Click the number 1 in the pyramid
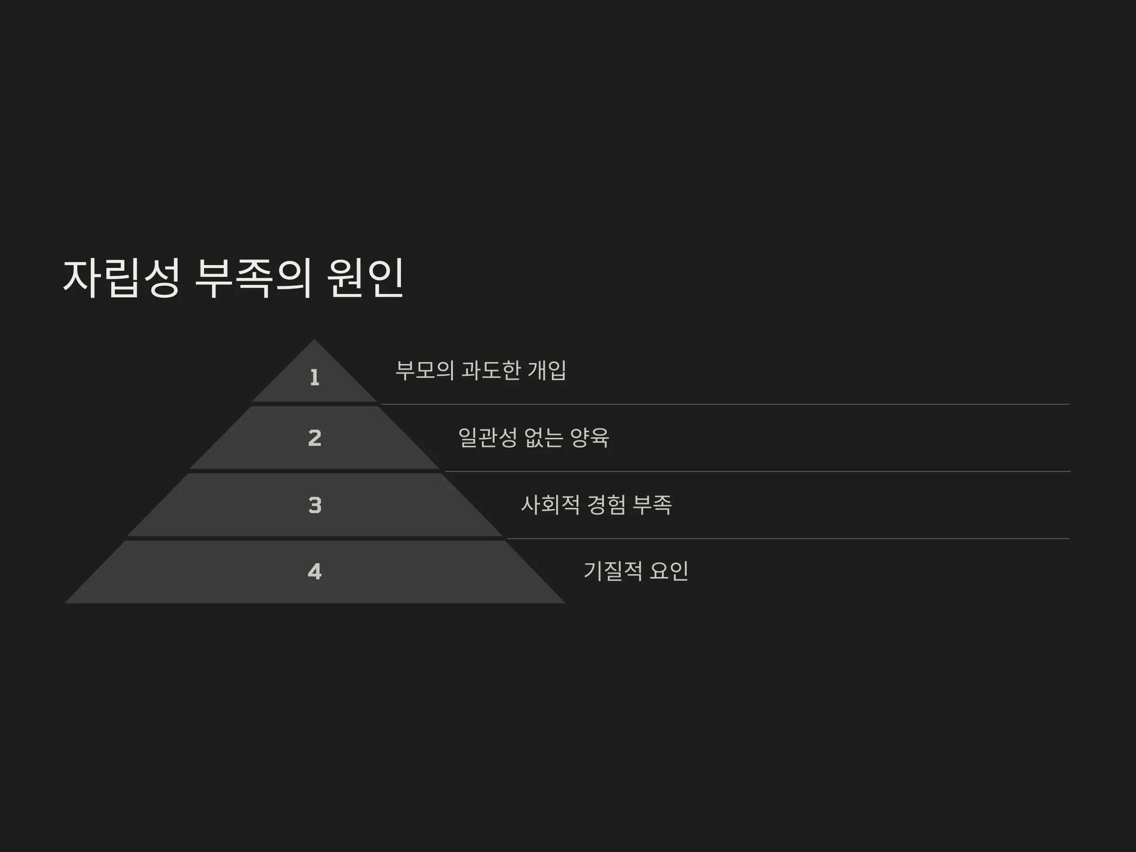(315, 377)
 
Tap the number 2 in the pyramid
(315, 437)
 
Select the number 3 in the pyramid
(315, 505)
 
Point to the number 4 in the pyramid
(315, 572)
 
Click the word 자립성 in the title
(122, 278)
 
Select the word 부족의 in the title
(254, 278)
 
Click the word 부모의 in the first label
(425, 370)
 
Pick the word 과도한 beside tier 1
(491, 370)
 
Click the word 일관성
(488, 437)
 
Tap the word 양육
(590, 437)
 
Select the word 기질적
(612, 571)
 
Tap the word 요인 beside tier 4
(669, 571)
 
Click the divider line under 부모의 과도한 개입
(725, 404)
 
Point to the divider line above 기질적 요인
(788, 539)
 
